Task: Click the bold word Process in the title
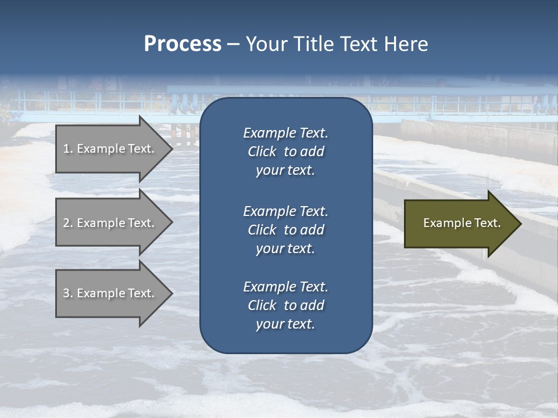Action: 183,44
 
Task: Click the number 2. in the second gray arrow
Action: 67,223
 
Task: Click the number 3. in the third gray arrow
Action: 67,293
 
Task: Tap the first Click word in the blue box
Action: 262,152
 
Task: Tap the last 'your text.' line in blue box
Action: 285,324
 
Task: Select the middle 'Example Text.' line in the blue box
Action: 285,211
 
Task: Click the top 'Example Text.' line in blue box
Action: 285,133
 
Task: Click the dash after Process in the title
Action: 234,44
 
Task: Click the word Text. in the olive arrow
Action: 487,223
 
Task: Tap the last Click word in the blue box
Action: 262,305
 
